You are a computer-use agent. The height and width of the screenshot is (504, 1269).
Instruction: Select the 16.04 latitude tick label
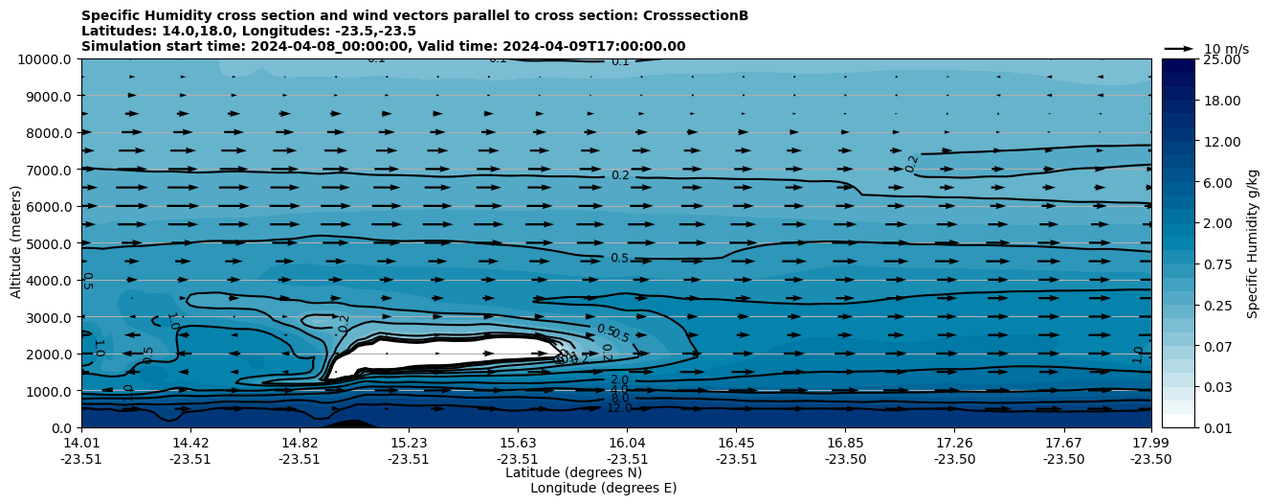(x=627, y=443)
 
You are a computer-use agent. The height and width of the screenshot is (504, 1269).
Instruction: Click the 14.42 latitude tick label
(x=190, y=443)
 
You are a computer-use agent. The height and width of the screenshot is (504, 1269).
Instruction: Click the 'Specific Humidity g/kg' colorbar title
(x=1253, y=243)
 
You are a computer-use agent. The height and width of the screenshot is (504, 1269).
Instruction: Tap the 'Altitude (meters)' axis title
(x=17, y=243)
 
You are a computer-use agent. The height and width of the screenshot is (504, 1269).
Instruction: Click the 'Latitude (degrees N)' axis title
(x=573, y=472)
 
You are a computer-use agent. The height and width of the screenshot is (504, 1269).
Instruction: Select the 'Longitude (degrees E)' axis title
(x=603, y=488)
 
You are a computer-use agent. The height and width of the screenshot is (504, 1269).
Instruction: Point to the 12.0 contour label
(x=620, y=408)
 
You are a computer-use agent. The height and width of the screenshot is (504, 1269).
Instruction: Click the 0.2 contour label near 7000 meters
(x=620, y=175)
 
